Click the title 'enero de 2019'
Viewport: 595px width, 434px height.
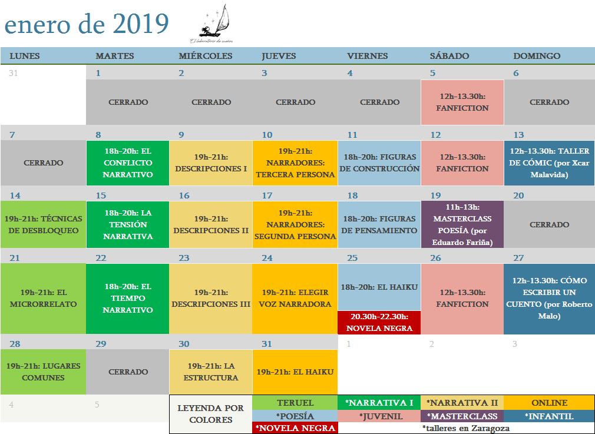point(87,24)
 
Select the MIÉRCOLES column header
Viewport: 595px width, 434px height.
point(206,56)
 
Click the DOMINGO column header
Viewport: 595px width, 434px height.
point(537,56)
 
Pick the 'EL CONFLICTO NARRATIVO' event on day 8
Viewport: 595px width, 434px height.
point(127,163)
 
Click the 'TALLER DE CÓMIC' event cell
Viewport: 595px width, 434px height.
point(549,163)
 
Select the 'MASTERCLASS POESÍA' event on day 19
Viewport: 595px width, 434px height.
point(462,224)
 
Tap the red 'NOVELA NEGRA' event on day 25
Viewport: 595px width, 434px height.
point(379,323)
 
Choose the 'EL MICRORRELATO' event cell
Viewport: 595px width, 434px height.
point(43,298)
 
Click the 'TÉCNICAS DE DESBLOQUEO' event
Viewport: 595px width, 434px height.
point(43,224)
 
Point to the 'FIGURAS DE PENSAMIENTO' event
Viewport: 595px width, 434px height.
point(379,224)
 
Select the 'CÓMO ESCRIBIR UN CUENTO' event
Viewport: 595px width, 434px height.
point(549,298)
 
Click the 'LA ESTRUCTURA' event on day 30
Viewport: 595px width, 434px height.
point(210,372)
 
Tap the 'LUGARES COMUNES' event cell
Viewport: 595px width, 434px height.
point(43,372)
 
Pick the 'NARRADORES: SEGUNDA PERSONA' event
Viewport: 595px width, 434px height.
point(295,224)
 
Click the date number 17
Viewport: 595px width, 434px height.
point(267,196)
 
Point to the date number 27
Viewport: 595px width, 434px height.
point(518,258)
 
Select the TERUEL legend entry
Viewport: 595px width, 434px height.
point(295,403)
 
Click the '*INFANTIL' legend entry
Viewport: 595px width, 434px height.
point(548,416)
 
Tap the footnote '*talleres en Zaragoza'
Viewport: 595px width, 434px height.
point(465,428)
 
